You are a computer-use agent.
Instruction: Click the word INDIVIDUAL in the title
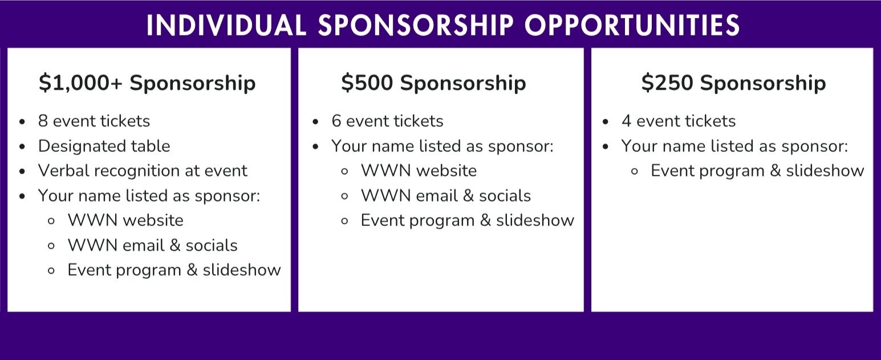click(x=226, y=26)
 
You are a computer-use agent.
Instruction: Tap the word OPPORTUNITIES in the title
click(x=632, y=26)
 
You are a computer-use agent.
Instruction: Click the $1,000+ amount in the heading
click(x=81, y=83)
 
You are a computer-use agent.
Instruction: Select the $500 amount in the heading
click(x=367, y=83)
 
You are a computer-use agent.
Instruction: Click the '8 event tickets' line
click(x=94, y=121)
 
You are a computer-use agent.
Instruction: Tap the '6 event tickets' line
click(x=387, y=121)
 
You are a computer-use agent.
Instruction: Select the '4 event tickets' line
click(x=679, y=121)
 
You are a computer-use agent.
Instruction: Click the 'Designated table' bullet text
click(x=104, y=146)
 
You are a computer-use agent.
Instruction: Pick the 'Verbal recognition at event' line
click(x=143, y=171)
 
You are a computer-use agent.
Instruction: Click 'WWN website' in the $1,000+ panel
click(x=125, y=220)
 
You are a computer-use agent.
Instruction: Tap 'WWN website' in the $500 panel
click(x=419, y=171)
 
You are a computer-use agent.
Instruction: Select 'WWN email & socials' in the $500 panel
click(x=446, y=196)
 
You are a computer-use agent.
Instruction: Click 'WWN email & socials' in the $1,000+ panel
click(x=153, y=245)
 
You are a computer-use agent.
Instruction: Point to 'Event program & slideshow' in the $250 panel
click(x=757, y=171)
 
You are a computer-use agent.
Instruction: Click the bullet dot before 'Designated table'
click(x=22, y=147)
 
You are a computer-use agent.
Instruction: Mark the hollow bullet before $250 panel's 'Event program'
click(x=634, y=172)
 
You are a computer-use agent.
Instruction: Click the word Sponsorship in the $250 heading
click(x=763, y=83)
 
